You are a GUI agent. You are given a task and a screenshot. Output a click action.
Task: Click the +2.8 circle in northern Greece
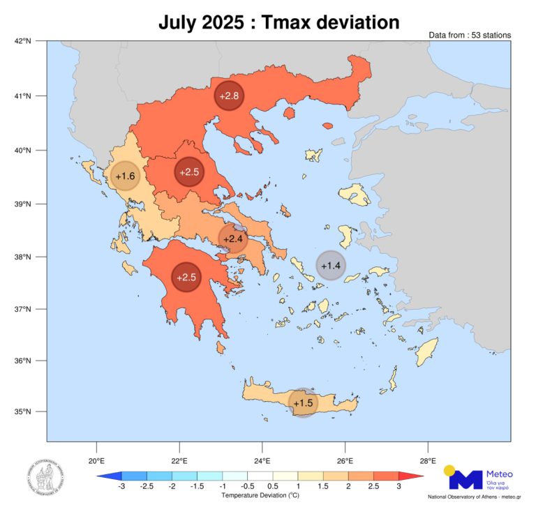tap(230, 96)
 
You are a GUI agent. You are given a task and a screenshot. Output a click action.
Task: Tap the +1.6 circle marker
tap(126, 176)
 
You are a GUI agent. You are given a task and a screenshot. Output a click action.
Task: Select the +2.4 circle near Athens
tap(233, 239)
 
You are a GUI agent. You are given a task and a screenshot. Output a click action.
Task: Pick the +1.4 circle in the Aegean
tap(330, 265)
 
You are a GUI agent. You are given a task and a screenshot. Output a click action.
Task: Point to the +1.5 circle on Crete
tap(303, 403)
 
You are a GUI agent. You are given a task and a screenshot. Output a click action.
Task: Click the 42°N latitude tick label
tap(23, 42)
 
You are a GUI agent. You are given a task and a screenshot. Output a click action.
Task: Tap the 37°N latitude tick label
tap(23, 310)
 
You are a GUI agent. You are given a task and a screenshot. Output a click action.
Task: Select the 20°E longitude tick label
tap(96, 460)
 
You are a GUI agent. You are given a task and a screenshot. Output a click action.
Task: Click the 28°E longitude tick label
tap(428, 460)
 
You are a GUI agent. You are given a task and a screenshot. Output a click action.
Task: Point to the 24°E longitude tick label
tap(262, 460)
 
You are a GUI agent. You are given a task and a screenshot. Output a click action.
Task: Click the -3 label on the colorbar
tap(121, 485)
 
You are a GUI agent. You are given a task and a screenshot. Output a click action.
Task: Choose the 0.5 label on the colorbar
tap(272, 485)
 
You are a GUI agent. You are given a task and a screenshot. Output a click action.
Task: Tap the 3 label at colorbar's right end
tap(399, 485)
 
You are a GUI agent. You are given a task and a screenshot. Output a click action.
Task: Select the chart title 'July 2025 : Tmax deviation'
tap(278, 22)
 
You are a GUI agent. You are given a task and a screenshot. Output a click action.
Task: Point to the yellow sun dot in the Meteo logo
tap(449, 470)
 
